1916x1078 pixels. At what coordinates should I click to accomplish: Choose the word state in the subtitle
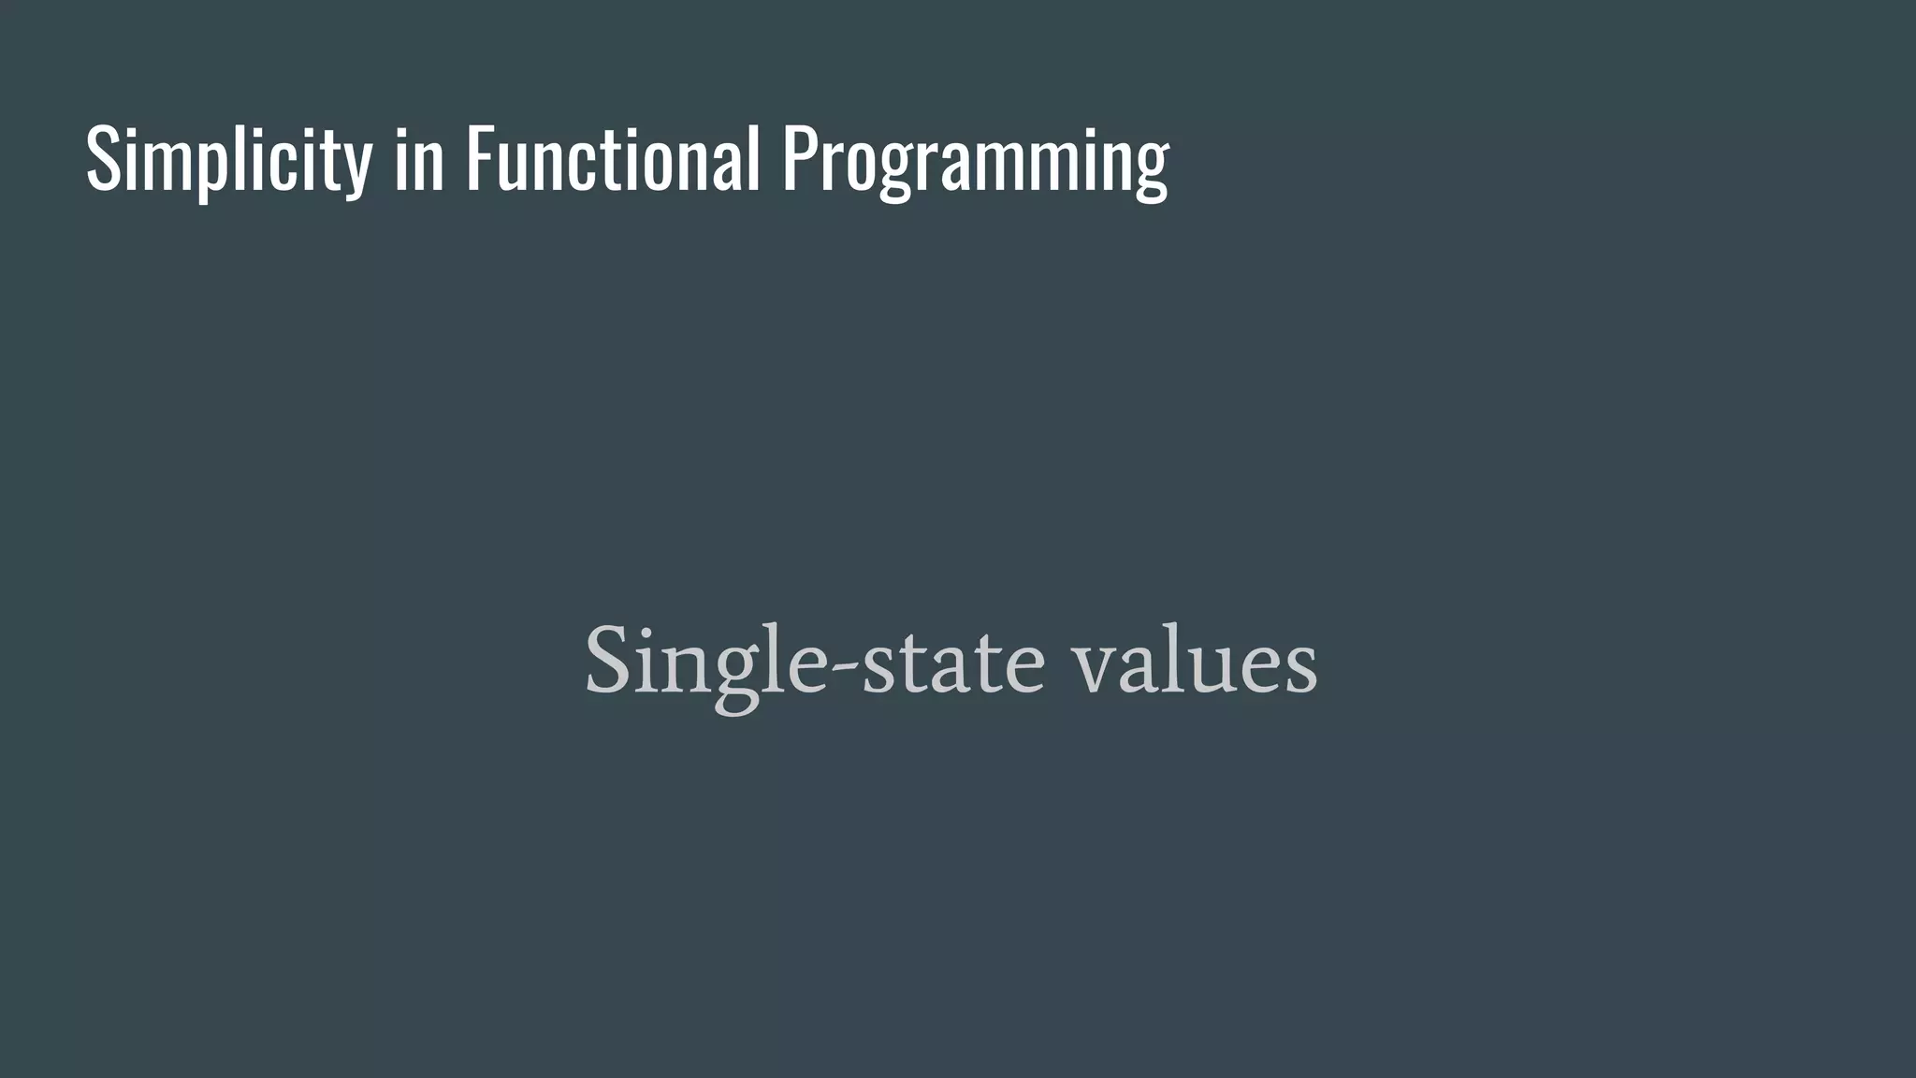(951, 663)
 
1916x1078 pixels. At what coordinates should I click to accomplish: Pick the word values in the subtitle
(1195, 663)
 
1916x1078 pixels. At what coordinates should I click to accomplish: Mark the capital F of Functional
(480, 159)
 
